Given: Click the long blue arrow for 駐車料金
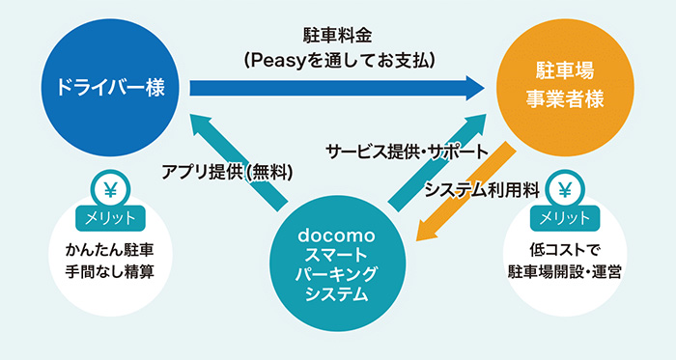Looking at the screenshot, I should (x=338, y=89).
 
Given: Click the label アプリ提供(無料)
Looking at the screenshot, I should (x=227, y=171).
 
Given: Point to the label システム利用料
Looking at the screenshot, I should (x=481, y=190).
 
